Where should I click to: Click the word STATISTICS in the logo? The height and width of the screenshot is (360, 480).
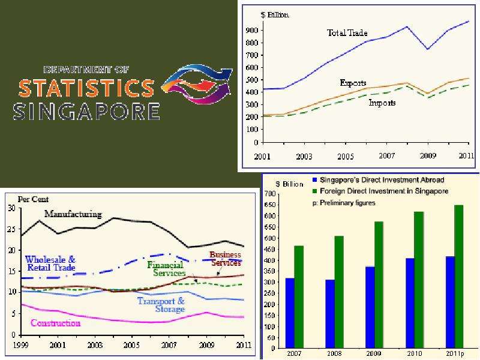point(86,88)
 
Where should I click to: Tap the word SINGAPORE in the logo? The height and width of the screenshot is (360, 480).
point(86,111)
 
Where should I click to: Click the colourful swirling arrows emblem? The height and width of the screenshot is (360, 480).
point(197,83)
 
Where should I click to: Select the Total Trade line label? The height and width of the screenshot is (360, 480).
point(347,33)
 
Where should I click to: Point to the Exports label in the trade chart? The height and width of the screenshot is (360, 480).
point(353,83)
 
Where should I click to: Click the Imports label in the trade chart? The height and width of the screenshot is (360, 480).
point(382,103)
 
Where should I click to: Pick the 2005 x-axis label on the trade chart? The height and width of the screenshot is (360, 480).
point(346,157)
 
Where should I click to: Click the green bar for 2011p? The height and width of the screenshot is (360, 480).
point(459,277)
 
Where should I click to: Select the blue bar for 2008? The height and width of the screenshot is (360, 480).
point(330,314)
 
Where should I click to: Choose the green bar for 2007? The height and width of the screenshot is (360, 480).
point(299,297)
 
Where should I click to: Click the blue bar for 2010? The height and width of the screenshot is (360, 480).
point(410,304)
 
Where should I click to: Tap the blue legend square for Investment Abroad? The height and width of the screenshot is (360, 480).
point(314,179)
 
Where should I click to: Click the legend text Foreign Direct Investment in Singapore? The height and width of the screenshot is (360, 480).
point(384,191)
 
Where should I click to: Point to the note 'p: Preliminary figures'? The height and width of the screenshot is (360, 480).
point(344,203)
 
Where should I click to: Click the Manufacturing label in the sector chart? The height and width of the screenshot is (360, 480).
point(73,214)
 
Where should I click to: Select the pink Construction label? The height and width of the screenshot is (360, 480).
point(55,323)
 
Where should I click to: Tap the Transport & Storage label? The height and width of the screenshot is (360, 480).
point(161,305)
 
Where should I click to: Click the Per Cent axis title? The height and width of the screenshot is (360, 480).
point(33,199)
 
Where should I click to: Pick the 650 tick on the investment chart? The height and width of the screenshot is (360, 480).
point(271,205)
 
